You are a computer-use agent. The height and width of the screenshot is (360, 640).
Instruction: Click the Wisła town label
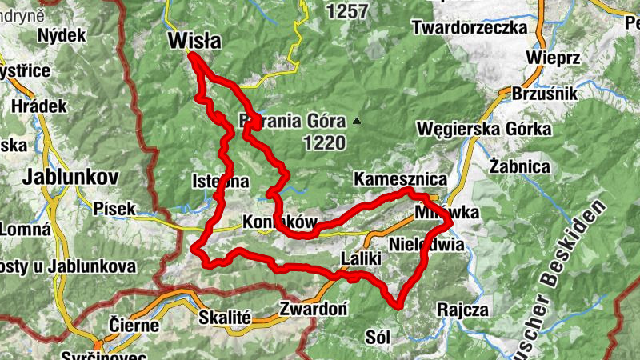point(194,41)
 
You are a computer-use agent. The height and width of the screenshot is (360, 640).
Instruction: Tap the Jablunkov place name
point(71,177)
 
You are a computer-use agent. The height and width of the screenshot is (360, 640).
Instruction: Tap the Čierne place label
point(134,326)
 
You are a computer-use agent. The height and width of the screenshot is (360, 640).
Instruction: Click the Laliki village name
point(353,260)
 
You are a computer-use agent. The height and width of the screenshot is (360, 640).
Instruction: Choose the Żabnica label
point(520,167)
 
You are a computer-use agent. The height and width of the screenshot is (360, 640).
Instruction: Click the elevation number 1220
point(324,144)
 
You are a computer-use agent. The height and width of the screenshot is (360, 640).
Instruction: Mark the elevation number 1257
point(346,11)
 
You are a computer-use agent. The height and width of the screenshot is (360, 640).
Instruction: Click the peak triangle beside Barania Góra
point(357,122)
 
